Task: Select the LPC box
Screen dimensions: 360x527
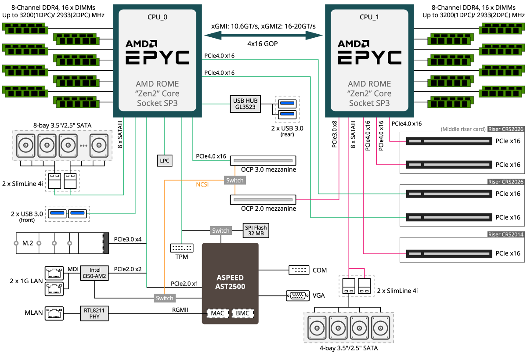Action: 165,161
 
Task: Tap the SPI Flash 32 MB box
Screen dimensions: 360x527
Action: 256,230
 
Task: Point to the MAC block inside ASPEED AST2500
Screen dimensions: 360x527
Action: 217,313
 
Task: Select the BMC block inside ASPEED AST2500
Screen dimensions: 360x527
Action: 243,313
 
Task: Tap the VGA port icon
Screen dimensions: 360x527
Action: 296,295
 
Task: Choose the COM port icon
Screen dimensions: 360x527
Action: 298,270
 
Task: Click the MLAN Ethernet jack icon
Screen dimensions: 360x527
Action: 54,313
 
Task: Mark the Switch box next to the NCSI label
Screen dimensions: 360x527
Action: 235,180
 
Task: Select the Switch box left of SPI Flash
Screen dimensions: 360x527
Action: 220,230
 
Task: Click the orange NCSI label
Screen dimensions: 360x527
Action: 202,184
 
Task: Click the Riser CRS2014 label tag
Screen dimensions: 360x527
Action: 506,234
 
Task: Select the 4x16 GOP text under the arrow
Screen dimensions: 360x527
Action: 263,44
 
